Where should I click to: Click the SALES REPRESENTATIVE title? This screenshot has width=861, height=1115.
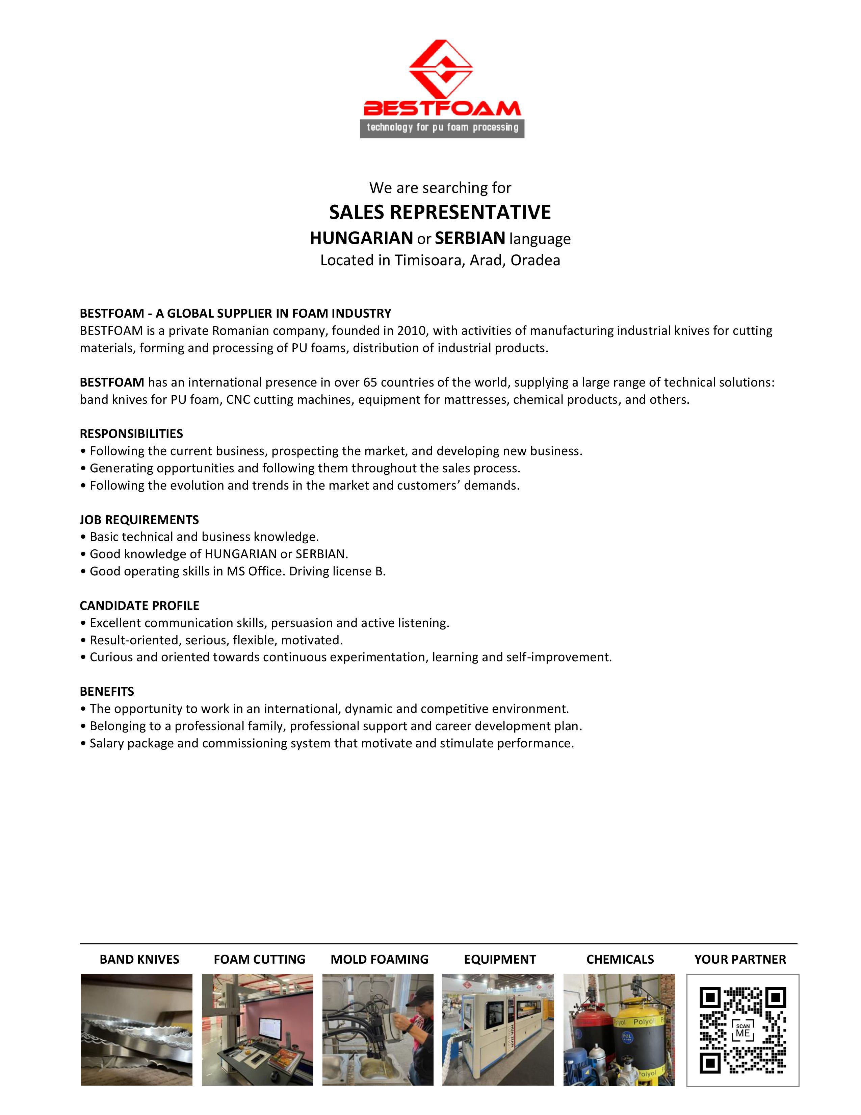[x=440, y=213]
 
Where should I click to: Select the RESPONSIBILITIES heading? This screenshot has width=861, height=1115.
[x=131, y=434]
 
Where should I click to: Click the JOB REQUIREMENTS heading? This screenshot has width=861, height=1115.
[x=139, y=520]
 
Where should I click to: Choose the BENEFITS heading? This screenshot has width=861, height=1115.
[x=107, y=691]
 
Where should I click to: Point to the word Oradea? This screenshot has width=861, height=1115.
[x=535, y=261]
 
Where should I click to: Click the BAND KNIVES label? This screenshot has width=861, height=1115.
[x=139, y=959]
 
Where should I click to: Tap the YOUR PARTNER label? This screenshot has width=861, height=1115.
[x=740, y=959]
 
